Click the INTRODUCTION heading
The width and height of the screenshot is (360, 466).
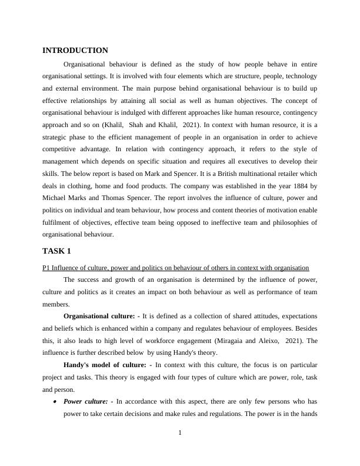click(75, 51)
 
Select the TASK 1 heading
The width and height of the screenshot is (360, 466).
click(57, 251)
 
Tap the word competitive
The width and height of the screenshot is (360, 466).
click(62, 149)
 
